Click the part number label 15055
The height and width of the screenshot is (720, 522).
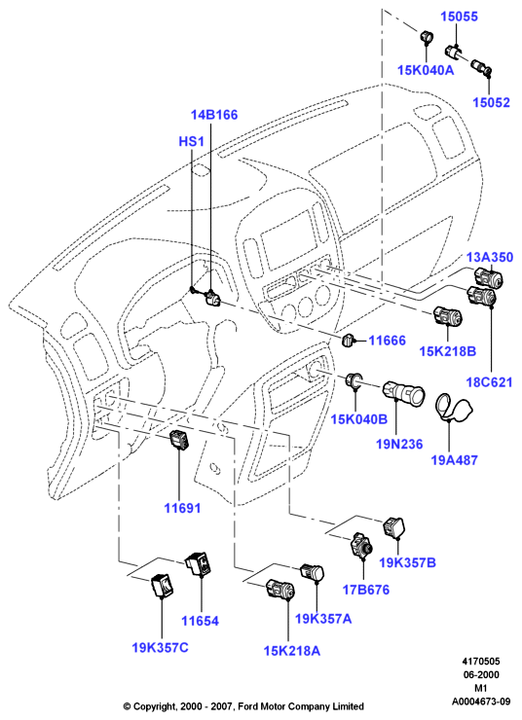pos(460,17)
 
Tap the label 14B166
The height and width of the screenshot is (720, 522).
pos(214,115)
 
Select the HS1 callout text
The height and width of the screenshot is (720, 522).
pos(191,141)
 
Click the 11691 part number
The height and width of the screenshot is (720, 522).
pos(182,508)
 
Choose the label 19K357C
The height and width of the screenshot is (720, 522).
pos(161,647)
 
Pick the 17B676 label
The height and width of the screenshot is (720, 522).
pos(366,590)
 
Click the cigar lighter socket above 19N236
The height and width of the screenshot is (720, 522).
pos(403,393)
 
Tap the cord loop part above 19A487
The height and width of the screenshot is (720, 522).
pos(453,407)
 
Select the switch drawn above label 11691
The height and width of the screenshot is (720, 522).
pos(180,440)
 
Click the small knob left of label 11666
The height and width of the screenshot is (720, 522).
pos(350,341)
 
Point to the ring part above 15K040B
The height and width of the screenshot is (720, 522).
pos(354,380)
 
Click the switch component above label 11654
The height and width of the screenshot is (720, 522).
pos(198,564)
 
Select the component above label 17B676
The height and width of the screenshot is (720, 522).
pos(361,545)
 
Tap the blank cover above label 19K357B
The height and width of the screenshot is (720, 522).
pos(394,526)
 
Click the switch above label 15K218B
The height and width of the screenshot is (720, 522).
pos(447,315)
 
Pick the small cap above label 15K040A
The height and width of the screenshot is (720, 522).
pos(426,37)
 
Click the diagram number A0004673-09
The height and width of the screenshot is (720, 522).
pos(481,702)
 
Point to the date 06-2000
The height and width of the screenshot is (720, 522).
pos(481,674)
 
